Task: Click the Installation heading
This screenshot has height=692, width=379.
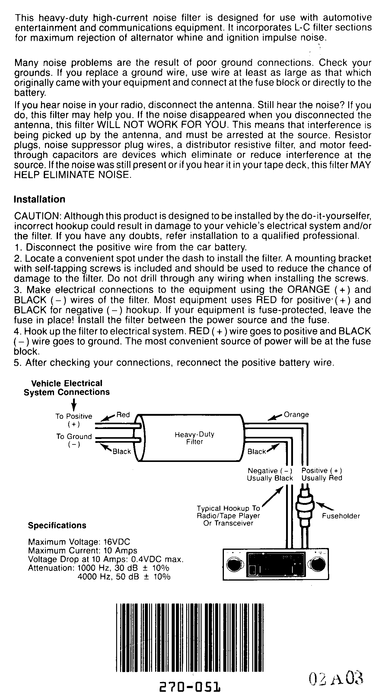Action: pos(40,200)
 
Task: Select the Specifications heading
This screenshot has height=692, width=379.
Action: pos(57,525)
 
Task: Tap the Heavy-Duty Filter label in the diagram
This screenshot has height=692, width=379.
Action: pos(195,438)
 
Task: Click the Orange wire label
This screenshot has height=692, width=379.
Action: pos(296,415)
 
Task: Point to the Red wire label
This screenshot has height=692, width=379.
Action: pos(123,415)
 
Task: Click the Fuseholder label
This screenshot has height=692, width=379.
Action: pos(341,516)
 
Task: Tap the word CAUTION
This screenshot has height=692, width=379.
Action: pos(37,216)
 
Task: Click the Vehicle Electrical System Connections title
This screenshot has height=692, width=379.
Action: pos(67,388)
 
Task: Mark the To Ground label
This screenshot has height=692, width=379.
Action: pos(74,437)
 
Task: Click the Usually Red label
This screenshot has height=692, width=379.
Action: pos(322,478)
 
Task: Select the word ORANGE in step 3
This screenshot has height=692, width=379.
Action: pos(308,290)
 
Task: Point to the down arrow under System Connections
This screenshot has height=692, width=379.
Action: pos(74,404)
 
